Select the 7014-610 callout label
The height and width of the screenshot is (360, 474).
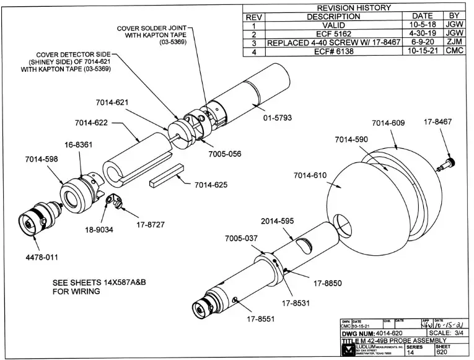click(x=310, y=176)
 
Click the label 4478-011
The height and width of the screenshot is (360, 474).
click(x=42, y=257)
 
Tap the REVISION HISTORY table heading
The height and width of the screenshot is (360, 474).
click(x=354, y=7)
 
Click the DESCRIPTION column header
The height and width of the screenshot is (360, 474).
click(x=333, y=17)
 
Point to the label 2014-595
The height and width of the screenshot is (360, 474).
click(x=278, y=221)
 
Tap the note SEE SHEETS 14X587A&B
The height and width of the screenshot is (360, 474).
click(x=102, y=282)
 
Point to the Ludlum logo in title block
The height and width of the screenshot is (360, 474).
click(x=346, y=351)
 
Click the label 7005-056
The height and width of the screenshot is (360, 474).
click(x=225, y=154)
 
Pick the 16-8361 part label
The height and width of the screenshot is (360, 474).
click(x=79, y=144)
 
